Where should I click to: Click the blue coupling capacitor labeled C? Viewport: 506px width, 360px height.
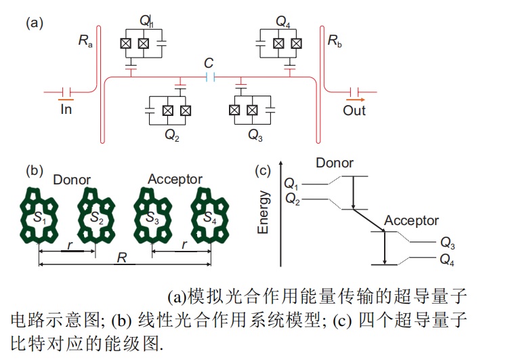[211, 77]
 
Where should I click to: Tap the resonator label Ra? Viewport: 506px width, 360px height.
[84, 41]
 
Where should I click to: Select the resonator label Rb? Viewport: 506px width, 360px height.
[335, 41]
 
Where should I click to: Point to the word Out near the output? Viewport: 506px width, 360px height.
[354, 111]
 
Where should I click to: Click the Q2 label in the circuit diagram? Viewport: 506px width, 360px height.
[172, 134]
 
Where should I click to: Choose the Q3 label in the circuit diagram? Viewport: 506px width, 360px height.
[255, 134]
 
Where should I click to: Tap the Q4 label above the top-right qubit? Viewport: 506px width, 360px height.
[284, 21]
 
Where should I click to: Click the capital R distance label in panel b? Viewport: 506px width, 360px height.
[121, 258]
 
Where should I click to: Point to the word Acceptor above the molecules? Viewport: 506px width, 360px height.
[175, 180]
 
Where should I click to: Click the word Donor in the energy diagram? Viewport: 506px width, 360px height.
[335, 163]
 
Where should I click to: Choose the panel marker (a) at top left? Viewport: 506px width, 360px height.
[35, 24]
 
